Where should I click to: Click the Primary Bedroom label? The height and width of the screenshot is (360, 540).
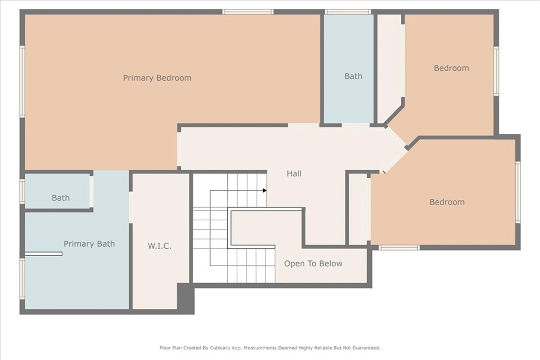tap(157, 78)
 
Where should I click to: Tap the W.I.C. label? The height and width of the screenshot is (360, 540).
tap(159, 246)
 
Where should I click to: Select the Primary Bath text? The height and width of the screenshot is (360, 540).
tap(89, 244)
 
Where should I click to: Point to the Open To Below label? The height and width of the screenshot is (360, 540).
tap(313, 264)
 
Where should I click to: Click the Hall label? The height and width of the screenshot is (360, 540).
tap(294, 173)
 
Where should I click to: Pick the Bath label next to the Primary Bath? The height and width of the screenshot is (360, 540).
tap(61, 198)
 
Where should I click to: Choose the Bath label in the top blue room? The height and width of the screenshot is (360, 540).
tap(353, 76)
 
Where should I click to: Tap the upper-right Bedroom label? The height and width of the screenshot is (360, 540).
tap(451, 68)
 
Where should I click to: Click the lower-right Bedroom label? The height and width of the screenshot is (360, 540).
tap(447, 202)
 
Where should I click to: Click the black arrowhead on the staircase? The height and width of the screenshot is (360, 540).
tap(265, 190)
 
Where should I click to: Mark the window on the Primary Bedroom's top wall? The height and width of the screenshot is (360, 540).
tap(248, 12)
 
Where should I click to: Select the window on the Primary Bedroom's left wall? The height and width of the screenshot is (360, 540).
tap(22, 82)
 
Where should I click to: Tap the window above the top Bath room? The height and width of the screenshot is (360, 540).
tap(348, 12)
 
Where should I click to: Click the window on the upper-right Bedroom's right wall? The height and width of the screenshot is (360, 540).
tap(496, 71)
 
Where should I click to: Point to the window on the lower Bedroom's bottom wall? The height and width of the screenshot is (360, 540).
tap(399, 247)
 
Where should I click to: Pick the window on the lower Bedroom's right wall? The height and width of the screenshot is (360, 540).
tap(518, 192)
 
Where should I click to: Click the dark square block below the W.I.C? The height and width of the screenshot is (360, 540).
tap(186, 298)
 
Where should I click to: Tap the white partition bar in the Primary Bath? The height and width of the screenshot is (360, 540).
tap(43, 254)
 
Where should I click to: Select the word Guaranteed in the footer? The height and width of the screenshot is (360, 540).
tap(367, 348)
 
